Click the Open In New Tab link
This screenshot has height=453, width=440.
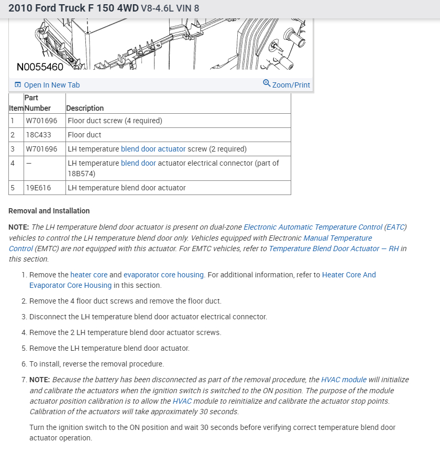(52, 85)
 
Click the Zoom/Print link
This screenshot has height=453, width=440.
(291, 85)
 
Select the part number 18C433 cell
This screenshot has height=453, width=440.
(38, 135)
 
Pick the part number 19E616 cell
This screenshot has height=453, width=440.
(38, 188)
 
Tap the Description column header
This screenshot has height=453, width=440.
(85, 108)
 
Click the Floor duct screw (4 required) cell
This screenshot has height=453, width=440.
(115, 121)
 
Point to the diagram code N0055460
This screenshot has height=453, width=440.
(40, 67)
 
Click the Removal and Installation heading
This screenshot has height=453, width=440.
(49, 211)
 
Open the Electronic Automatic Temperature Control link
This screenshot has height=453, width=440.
(313, 227)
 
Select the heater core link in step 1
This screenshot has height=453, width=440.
(89, 275)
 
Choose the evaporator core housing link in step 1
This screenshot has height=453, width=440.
(163, 275)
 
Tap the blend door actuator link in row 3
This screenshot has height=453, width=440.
(153, 149)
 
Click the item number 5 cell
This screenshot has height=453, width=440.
(12, 188)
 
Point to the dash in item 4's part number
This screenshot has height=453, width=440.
(29, 163)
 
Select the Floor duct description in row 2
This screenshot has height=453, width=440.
(84, 135)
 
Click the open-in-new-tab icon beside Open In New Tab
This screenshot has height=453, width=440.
(18, 85)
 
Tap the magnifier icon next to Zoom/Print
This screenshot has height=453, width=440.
(267, 83)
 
